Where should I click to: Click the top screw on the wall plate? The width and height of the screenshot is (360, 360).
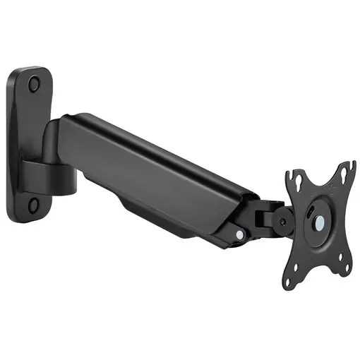[34, 84]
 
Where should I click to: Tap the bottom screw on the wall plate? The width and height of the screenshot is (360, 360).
[33, 205]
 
